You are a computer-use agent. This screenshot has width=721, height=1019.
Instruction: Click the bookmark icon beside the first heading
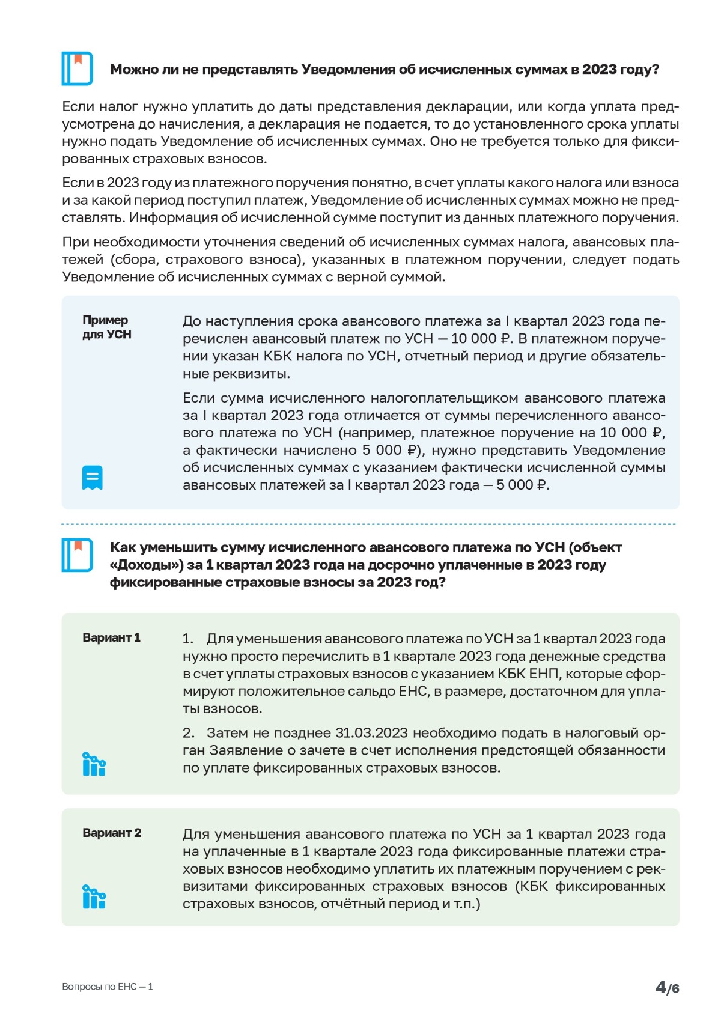pyautogui.click(x=77, y=68)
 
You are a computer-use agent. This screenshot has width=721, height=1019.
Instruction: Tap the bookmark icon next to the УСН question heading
pyautogui.click(x=77, y=555)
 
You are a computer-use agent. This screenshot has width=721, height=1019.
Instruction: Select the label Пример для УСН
pyautogui.click(x=106, y=327)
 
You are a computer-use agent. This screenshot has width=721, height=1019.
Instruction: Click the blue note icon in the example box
pyautogui.click(x=92, y=478)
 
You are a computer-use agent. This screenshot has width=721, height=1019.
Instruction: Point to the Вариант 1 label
pyautogui.click(x=111, y=637)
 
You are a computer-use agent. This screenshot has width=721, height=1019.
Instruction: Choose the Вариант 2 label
pyautogui.click(x=112, y=833)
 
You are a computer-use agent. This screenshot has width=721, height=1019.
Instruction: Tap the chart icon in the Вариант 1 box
pyautogui.click(x=94, y=764)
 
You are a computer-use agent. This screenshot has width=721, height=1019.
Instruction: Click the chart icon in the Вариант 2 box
pyautogui.click(x=94, y=897)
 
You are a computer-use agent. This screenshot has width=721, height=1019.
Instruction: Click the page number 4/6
pyautogui.click(x=667, y=987)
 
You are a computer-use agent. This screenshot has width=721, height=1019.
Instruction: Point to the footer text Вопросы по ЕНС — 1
pyautogui.click(x=108, y=987)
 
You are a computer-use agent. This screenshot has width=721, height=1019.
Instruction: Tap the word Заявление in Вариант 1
pyautogui.click(x=242, y=750)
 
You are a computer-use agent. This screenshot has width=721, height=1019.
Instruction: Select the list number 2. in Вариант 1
pyautogui.click(x=189, y=733)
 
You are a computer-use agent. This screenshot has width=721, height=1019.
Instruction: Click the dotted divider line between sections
pyautogui.click(x=369, y=524)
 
